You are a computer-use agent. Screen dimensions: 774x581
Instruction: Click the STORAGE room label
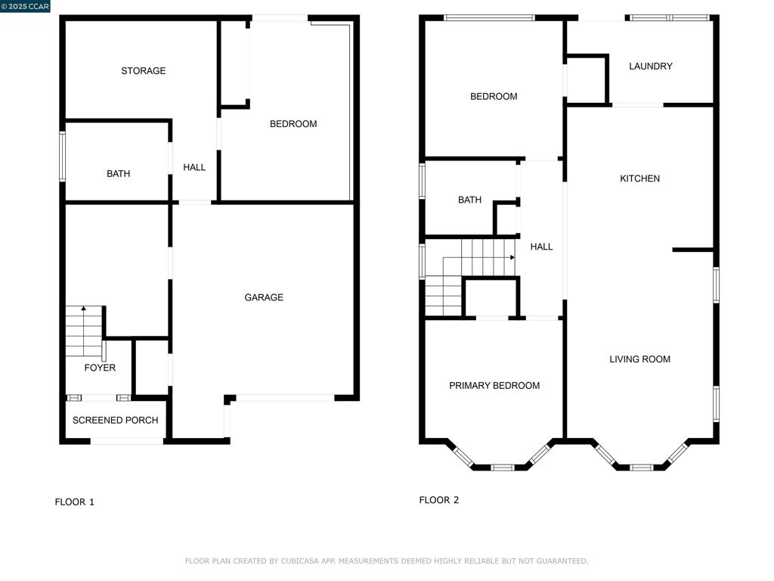[x=143, y=70]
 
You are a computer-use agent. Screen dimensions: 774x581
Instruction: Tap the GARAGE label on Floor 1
[x=264, y=297]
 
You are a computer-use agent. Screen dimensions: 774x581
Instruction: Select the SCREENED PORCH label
[x=115, y=420]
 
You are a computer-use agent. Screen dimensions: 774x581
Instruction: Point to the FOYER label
[x=100, y=368]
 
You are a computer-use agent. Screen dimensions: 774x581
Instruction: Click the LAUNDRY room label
[x=651, y=67]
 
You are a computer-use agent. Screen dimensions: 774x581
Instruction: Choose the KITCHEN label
[x=639, y=179]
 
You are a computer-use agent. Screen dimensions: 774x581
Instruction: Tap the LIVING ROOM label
[x=639, y=359]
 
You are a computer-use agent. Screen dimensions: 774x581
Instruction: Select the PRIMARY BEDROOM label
[x=494, y=385]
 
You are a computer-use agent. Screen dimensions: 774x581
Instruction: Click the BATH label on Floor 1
[x=119, y=173]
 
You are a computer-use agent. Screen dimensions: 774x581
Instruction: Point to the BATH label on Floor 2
[x=469, y=200]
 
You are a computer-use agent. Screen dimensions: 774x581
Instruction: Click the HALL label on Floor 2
[x=541, y=247]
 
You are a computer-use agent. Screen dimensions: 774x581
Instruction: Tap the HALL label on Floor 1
[x=194, y=167]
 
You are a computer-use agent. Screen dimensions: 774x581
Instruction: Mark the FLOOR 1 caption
[x=75, y=502]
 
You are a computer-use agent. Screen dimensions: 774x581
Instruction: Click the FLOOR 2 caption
[x=439, y=500]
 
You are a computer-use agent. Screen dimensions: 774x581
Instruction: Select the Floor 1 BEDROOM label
[x=293, y=124]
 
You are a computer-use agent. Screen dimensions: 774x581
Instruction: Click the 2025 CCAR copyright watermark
[x=25, y=6]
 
